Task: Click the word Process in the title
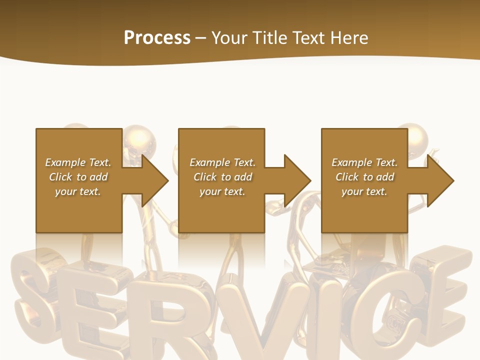coord(157,38)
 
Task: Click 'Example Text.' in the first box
coord(78,162)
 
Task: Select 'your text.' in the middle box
coord(222,191)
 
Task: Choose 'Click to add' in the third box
coord(364,177)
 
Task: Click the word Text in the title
coord(309,38)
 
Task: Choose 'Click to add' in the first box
coord(78,177)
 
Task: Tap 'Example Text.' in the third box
coord(364,162)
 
